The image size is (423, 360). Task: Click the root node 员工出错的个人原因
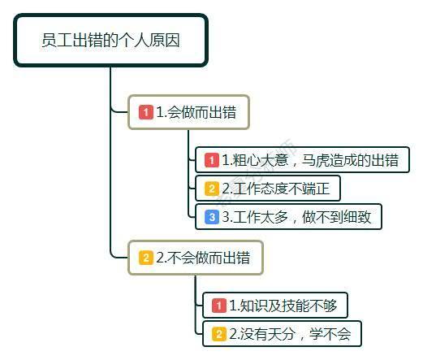coord(110,40)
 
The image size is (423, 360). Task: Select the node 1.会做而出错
coord(188,112)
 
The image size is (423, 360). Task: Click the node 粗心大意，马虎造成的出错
coord(302,160)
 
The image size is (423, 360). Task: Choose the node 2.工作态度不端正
coord(267,189)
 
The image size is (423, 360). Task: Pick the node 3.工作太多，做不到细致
coord(288,217)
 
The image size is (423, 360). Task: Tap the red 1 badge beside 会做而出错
coord(146,112)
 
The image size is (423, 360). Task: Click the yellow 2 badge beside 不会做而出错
coord(146,258)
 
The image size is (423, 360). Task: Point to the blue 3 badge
coord(211,217)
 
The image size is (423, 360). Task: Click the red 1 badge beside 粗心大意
coord(211,160)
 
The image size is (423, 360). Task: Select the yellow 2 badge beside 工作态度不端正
coord(211,189)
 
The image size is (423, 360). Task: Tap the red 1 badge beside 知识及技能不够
coord(218,306)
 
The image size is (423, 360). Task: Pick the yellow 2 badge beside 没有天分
coord(218,333)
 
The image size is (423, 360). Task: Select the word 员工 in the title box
coord(55,40)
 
